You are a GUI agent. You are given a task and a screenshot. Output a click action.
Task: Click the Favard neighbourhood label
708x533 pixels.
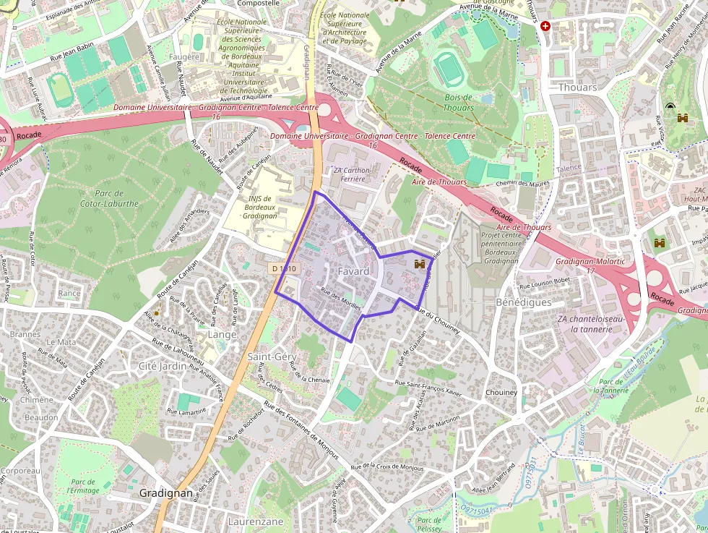pyautogui.click(x=353, y=271)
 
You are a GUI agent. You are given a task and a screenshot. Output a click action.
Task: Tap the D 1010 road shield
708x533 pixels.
pyautogui.click(x=284, y=268)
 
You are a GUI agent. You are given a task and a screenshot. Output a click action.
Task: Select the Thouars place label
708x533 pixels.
pyautogui.click(x=578, y=87)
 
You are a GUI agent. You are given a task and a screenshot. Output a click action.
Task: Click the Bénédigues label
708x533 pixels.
pyautogui.click(x=524, y=302)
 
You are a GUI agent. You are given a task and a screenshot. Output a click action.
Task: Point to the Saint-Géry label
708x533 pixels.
pyautogui.click(x=272, y=357)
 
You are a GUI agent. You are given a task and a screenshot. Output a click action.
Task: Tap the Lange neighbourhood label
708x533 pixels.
pyautogui.click(x=222, y=335)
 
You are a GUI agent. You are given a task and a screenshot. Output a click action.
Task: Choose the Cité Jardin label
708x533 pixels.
pyautogui.click(x=163, y=367)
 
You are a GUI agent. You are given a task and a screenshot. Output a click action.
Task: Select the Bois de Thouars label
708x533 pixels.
pyautogui.click(x=459, y=102)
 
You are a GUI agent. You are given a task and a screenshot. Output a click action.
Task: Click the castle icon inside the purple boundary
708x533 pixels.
pyautogui.click(x=418, y=265)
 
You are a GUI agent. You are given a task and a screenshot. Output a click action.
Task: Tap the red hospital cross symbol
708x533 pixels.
pyautogui.click(x=545, y=26)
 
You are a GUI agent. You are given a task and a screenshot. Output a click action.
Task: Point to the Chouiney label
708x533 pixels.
pyautogui.click(x=501, y=393)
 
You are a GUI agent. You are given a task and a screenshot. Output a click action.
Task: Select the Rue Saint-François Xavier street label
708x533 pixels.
pyautogui.click(x=428, y=386)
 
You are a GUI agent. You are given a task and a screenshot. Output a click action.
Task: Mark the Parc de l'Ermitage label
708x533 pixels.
pyautogui.click(x=83, y=486)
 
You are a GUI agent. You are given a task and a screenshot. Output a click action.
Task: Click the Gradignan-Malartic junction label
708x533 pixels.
pyautogui.click(x=580, y=265)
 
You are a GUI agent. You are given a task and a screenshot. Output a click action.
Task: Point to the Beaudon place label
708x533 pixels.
pyautogui.click(x=41, y=417)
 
